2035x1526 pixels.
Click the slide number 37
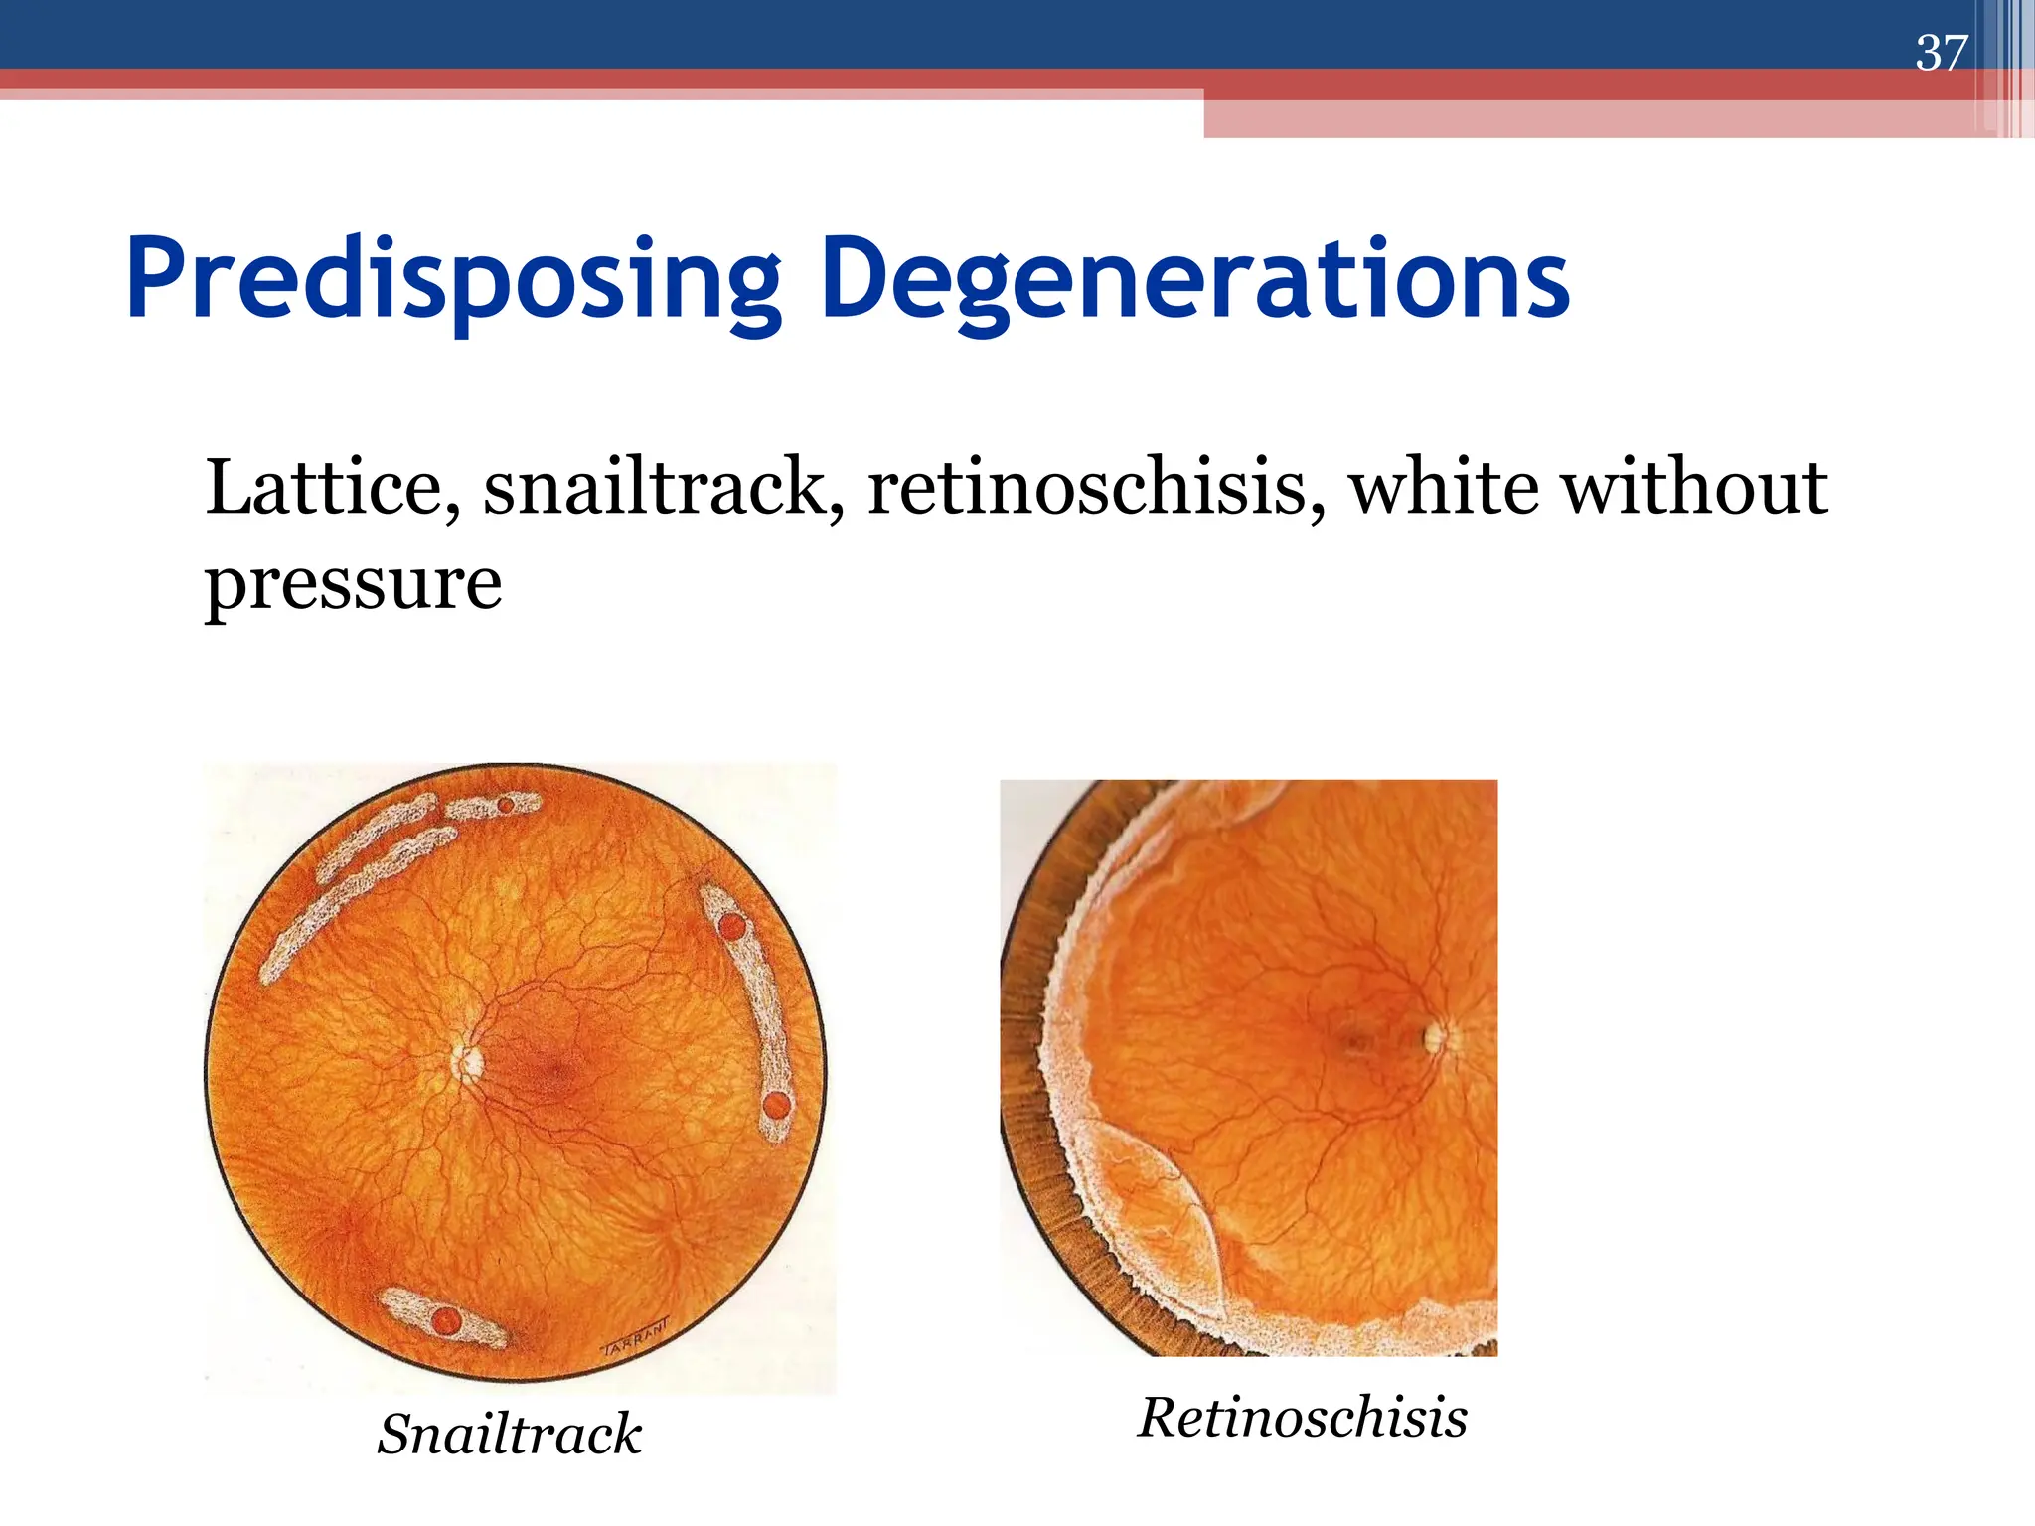(1941, 53)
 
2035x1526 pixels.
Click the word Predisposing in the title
(453, 281)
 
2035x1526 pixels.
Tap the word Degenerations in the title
(1194, 281)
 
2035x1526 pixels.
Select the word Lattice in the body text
(332, 488)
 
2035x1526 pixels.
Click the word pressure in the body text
(353, 586)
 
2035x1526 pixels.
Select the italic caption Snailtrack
(510, 1434)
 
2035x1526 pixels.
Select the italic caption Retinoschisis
(1303, 1417)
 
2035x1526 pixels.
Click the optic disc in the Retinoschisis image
(1435, 1038)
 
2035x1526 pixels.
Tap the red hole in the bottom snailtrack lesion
(446, 1321)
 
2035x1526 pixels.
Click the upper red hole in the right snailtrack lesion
(731, 927)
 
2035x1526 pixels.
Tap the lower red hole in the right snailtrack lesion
(777, 1105)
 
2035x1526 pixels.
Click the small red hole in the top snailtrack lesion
(506, 805)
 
